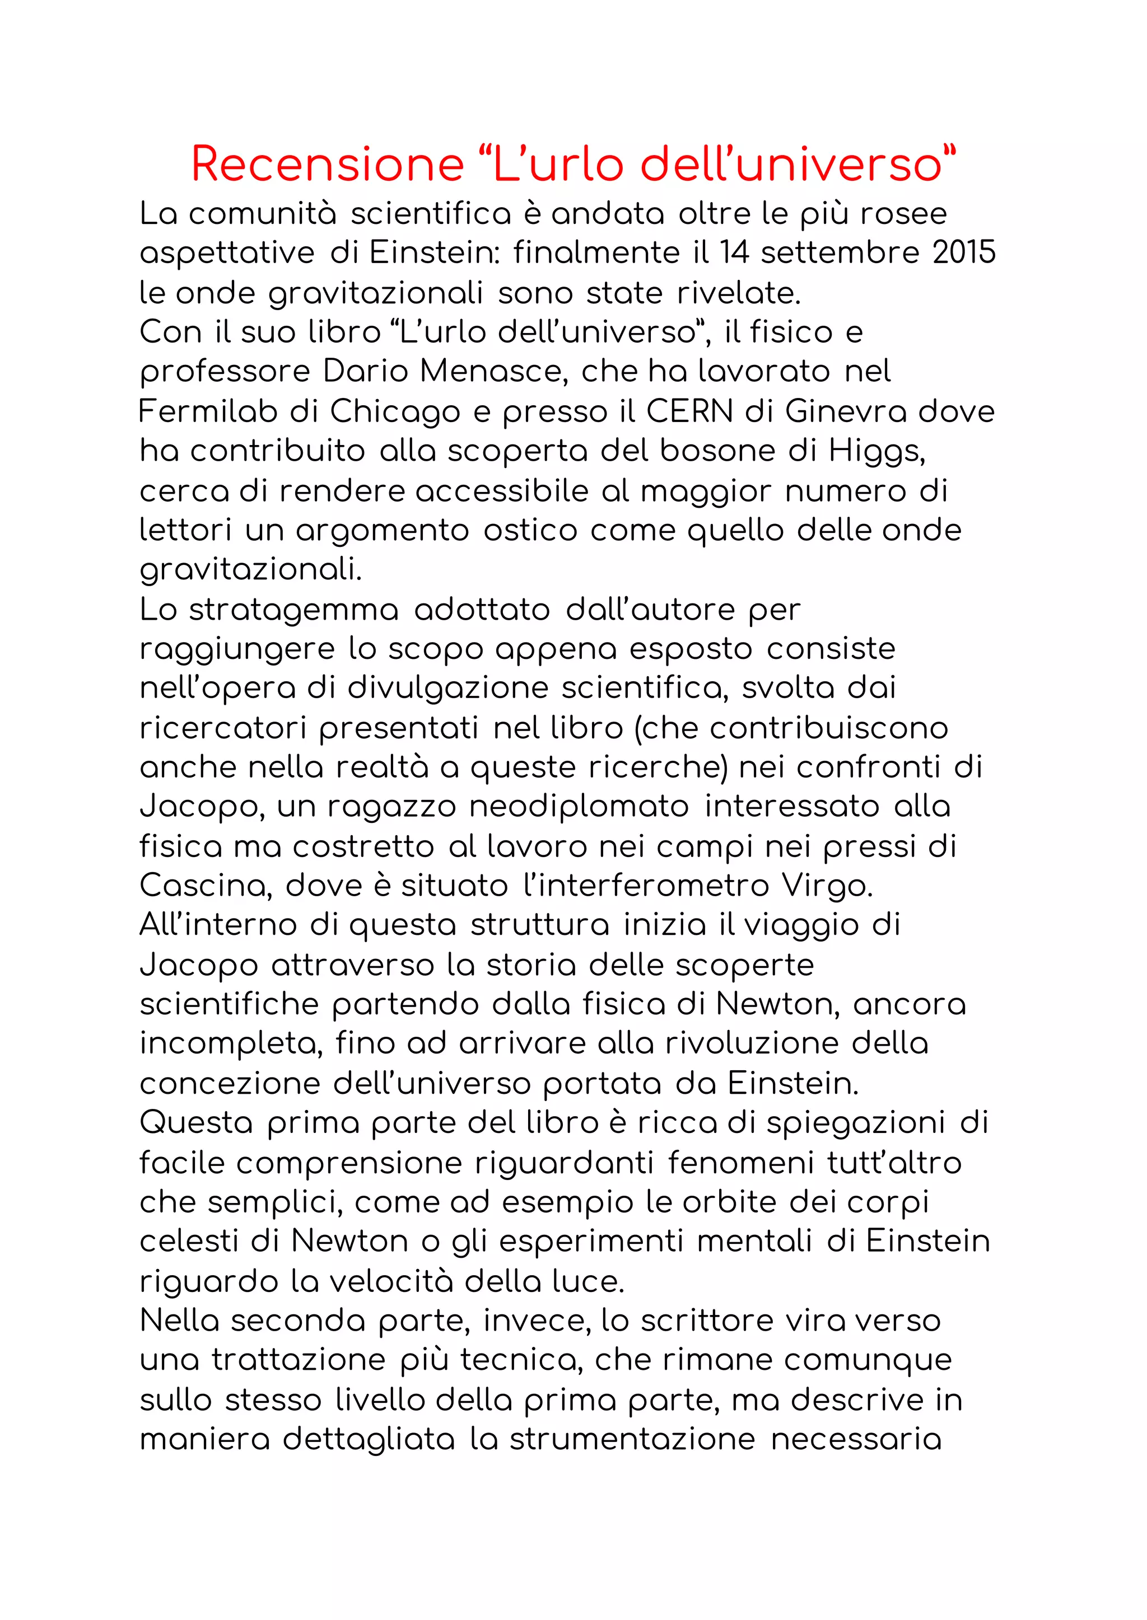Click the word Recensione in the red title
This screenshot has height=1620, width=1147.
pos(327,165)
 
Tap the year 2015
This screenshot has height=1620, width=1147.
pos(963,252)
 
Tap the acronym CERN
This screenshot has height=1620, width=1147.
pos(690,411)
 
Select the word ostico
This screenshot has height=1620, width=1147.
pos(530,530)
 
